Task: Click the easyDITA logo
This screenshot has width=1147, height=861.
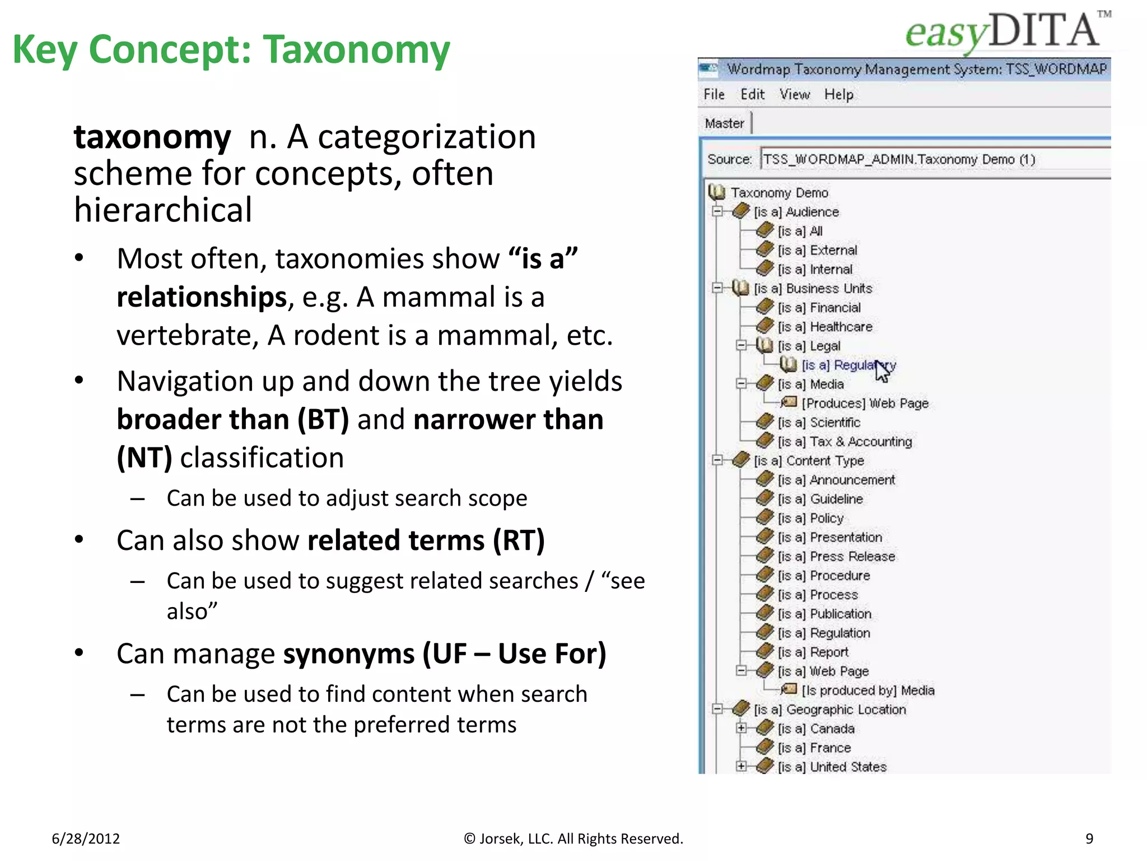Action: pos(1007,31)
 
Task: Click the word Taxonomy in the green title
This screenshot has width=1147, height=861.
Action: pos(356,49)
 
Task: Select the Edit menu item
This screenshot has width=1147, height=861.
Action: pos(752,94)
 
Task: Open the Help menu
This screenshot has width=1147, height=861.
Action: pos(838,94)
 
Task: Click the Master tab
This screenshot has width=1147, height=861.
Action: pos(724,123)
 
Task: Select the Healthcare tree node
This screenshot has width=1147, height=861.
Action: pos(840,327)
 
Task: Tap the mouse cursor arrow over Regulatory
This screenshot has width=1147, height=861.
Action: pos(882,370)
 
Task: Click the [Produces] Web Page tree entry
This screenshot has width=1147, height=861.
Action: pos(865,403)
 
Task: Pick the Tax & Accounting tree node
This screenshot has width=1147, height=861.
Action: pos(860,442)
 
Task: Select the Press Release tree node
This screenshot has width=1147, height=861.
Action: pos(852,557)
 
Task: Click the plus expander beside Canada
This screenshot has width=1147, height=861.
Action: pos(741,728)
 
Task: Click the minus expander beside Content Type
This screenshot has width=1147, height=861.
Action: pos(717,460)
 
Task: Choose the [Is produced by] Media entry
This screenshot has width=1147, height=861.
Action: pos(868,691)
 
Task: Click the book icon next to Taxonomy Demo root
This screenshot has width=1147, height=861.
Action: pos(716,192)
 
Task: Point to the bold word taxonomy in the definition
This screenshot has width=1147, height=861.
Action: pos(152,137)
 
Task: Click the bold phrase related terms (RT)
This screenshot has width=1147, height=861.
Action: pos(426,540)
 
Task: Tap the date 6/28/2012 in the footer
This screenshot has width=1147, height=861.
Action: pos(86,839)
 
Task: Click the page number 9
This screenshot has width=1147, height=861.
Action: pos(1089,839)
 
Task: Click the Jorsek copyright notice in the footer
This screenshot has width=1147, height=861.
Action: pos(573,839)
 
